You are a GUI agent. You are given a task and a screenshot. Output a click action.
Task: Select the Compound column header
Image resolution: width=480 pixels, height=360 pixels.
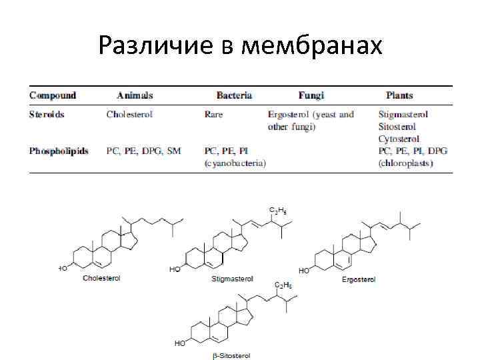(x=53, y=95)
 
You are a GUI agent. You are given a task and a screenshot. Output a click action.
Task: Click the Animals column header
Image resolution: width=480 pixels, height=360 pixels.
(x=135, y=95)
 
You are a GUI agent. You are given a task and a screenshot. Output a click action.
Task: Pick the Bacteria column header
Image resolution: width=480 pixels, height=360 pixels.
(x=234, y=95)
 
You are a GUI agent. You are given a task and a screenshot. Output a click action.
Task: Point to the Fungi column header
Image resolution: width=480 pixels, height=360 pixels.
(x=311, y=95)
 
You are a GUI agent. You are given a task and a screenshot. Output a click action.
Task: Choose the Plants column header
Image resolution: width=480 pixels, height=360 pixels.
(x=399, y=95)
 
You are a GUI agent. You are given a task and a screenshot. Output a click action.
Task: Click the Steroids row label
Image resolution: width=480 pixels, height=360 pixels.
(x=47, y=114)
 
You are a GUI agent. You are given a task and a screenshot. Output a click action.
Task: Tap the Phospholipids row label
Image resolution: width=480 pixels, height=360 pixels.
(x=59, y=151)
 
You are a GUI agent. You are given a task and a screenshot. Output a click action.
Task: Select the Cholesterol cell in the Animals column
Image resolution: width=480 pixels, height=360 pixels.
(x=129, y=114)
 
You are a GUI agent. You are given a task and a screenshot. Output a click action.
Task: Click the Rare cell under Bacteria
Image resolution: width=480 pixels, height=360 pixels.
(x=215, y=114)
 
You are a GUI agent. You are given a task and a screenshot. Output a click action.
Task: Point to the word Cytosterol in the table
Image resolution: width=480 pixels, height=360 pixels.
(x=399, y=139)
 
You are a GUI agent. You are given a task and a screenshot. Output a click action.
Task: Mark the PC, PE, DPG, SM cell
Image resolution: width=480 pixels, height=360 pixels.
(x=143, y=151)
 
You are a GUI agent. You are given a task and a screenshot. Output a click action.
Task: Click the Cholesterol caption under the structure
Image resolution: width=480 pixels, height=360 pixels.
(x=101, y=278)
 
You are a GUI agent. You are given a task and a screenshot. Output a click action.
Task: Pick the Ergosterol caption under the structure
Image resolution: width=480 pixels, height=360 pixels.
(x=359, y=279)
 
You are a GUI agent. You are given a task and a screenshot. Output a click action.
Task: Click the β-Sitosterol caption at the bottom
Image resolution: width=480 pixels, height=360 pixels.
(x=231, y=356)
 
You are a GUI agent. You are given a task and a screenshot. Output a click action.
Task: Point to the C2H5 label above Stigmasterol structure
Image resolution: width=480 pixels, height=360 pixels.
(x=277, y=210)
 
